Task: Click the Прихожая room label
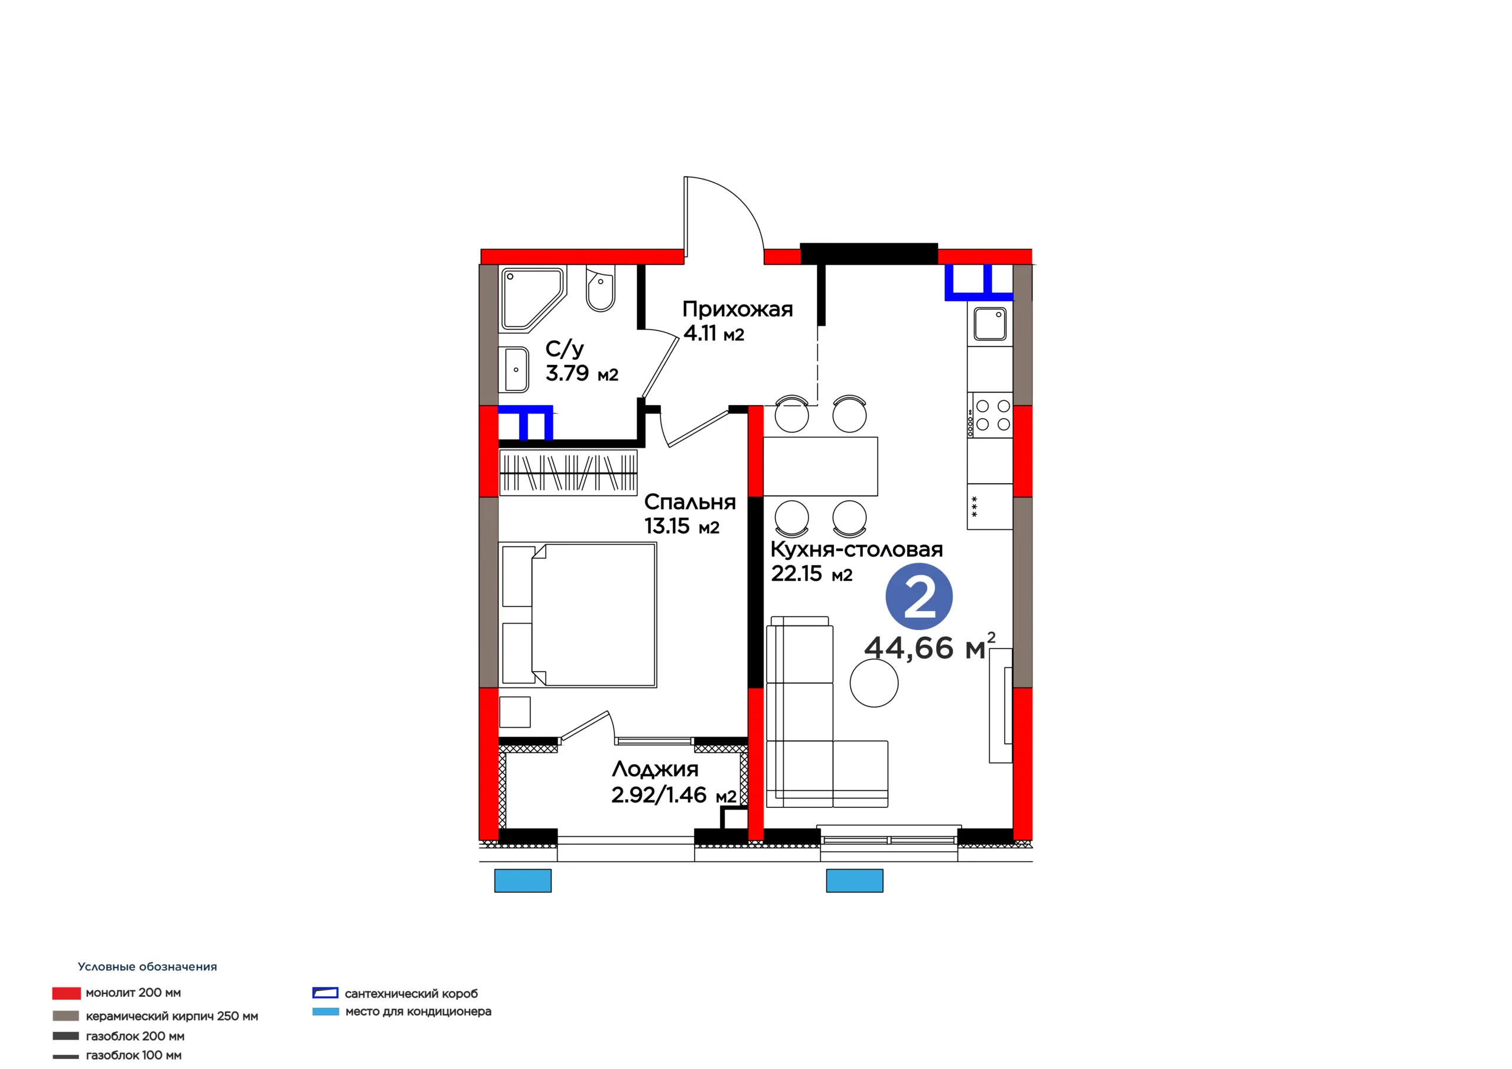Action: pos(737,309)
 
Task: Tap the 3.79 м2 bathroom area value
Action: pos(582,373)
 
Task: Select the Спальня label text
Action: pos(689,502)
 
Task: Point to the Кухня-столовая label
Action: pos(856,549)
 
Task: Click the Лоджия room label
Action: pos(654,770)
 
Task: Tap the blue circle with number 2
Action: pos(918,597)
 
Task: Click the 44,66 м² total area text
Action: pos(929,647)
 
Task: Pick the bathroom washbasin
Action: pos(517,370)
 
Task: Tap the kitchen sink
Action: pos(990,324)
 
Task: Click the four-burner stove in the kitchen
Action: pos(990,415)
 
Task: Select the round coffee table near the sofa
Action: pos(874,683)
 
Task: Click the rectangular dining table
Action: pos(820,467)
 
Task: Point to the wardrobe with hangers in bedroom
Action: pos(568,472)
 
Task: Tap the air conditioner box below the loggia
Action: pos(523,881)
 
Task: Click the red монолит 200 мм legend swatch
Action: pos(67,993)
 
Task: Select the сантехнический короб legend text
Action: pos(411,994)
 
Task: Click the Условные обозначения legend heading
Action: pos(148,967)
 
